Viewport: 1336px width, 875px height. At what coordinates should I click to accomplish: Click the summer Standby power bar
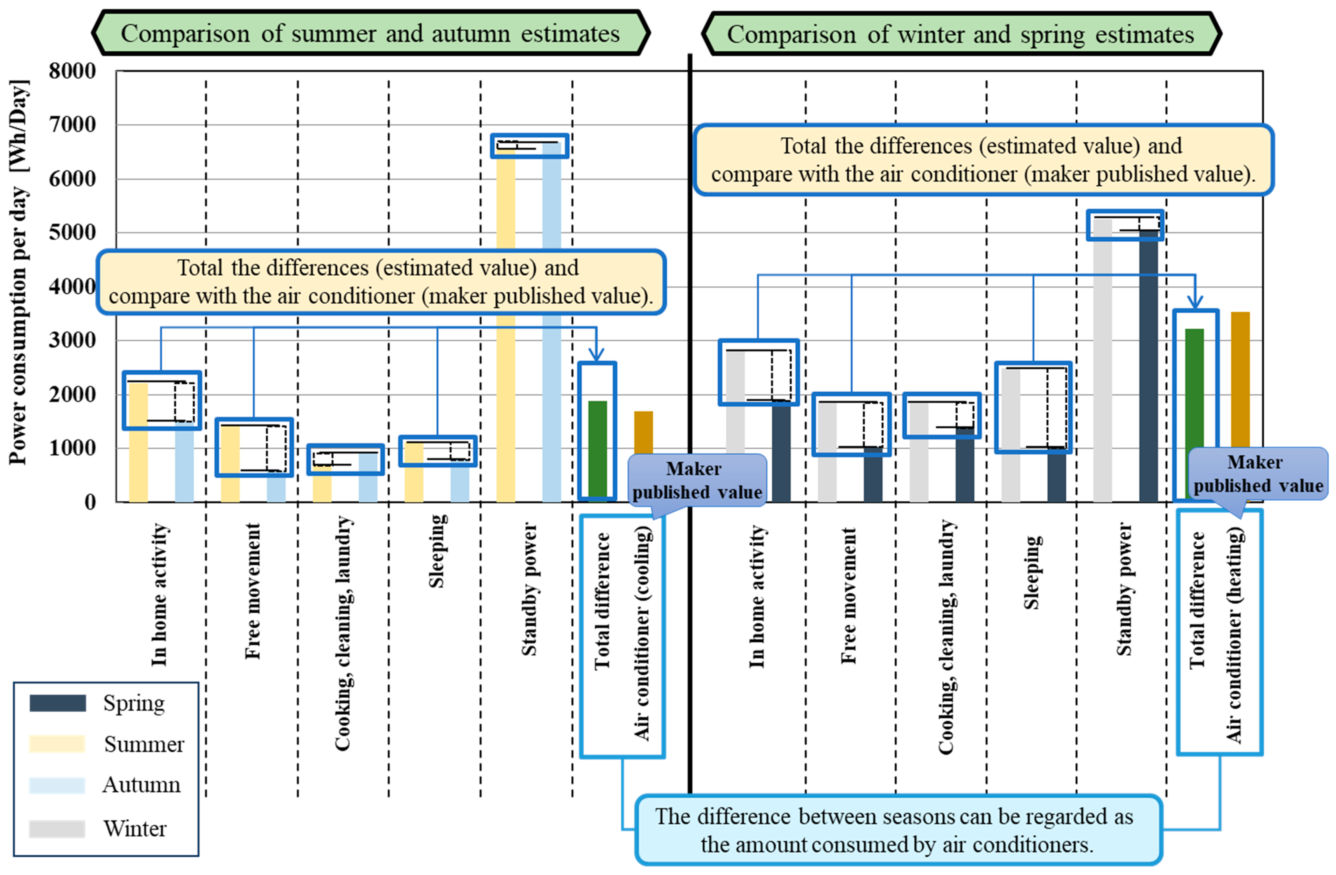click(506, 337)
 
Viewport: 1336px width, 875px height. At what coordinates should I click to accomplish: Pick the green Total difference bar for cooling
click(597, 449)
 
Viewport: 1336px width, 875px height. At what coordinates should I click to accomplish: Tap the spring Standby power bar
click(1149, 365)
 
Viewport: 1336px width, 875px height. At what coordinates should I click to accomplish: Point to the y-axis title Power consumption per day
click(18, 272)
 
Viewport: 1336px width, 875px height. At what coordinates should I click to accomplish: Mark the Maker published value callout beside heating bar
click(1258, 473)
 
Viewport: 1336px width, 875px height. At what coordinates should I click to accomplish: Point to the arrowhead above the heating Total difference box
click(1195, 303)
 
